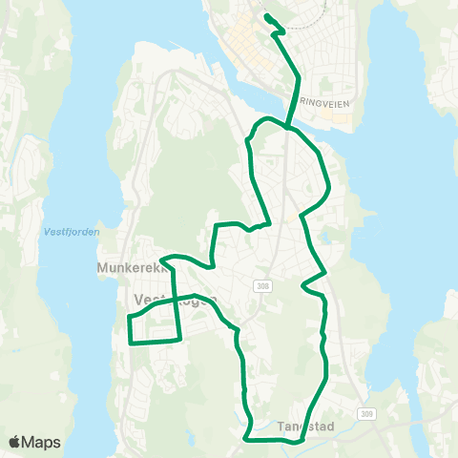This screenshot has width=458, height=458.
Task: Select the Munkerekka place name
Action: pyautogui.click(x=130, y=269)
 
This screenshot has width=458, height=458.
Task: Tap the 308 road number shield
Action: pyautogui.click(x=263, y=285)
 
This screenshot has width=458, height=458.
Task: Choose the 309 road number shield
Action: pyautogui.click(x=367, y=414)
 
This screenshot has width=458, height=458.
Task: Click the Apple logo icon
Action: pyautogui.click(x=15, y=442)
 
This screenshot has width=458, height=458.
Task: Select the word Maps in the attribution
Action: pyautogui.click(x=42, y=442)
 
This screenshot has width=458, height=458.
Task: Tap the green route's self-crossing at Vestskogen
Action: pyautogui.click(x=176, y=298)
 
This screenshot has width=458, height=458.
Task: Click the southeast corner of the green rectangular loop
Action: pyautogui.click(x=180, y=338)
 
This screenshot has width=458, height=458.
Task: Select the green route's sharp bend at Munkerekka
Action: pyautogui.click(x=161, y=259)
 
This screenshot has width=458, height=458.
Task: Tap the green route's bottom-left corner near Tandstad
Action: pyautogui.click(x=247, y=439)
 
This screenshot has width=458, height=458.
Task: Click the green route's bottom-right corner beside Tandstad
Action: pyautogui.click(x=301, y=442)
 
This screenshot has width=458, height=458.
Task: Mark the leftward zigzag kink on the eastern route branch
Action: pyautogui.click(x=303, y=284)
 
